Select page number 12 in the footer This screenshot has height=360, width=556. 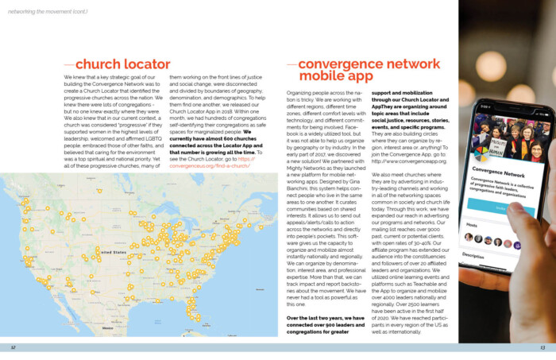(x=14, y=347)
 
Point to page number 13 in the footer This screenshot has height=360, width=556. (x=542, y=347)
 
